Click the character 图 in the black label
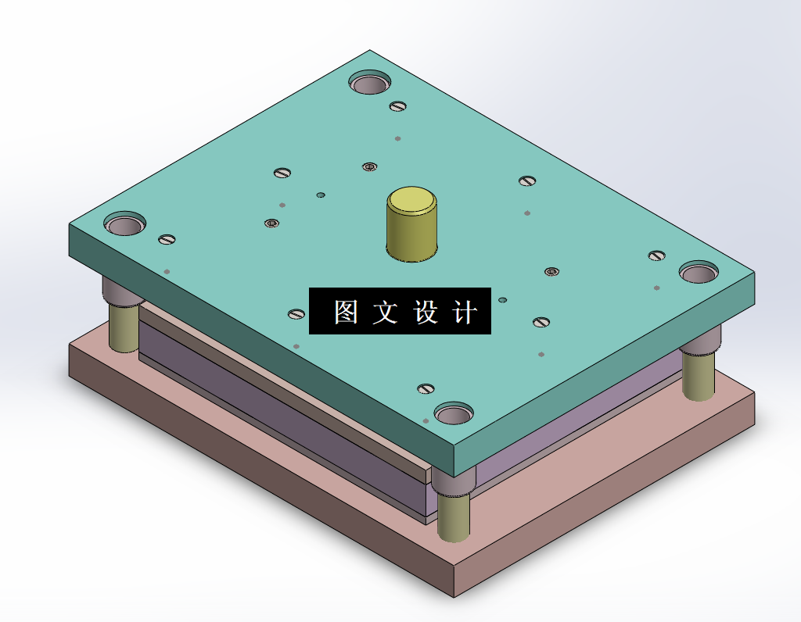[346, 312]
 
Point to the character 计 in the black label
[465, 312]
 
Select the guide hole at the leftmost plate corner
[125, 225]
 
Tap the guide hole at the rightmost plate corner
[699, 273]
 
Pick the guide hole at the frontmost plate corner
[454, 414]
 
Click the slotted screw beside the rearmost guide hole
[398, 106]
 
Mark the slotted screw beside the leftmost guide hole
[167, 239]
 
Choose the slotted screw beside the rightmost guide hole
[656, 255]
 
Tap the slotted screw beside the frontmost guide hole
[426, 388]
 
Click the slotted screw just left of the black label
[296, 314]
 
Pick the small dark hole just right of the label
[502, 299]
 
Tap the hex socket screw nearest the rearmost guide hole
[369, 166]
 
